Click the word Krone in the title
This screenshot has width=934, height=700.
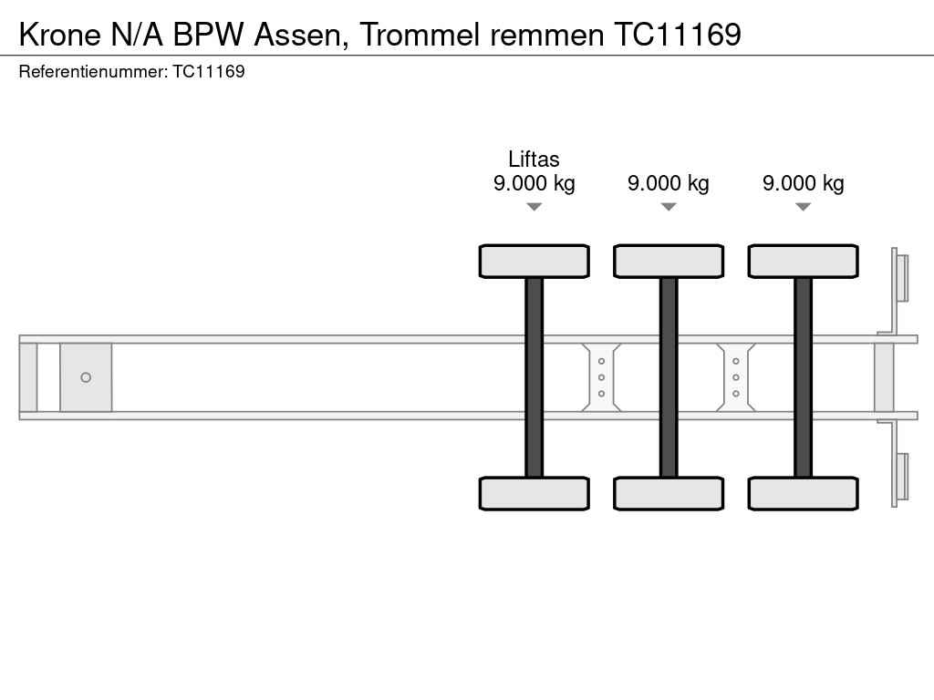(x=60, y=35)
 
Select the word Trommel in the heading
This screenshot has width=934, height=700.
(x=420, y=35)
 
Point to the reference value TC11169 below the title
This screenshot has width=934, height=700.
(x=209, y=71)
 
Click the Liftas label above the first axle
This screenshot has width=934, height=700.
(x=534, y=159)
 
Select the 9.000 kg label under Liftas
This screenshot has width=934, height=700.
(x=534, y=183)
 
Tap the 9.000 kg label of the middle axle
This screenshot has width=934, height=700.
(x=669, y=183)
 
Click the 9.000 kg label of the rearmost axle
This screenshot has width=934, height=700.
(x=803, y=183)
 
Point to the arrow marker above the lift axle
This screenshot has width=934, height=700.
(x=534, y=207)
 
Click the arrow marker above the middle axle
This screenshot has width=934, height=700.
(x=669, y=207)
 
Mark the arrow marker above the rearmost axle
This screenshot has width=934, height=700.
(x=804, y=207)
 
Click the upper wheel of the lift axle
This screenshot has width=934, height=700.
(x=534, y=262)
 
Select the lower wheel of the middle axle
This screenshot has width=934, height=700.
(x=669, y=493)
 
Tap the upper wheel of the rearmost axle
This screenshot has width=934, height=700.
(x=804, y=262)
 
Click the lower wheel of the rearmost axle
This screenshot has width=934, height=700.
(x=804, y=493)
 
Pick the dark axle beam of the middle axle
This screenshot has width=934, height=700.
(x=669, y=377)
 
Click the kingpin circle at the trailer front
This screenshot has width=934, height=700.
(x=86, y=377)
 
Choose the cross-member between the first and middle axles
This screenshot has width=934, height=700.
(x=602, y=377)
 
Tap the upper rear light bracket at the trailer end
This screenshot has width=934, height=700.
(x=899, y=279)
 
